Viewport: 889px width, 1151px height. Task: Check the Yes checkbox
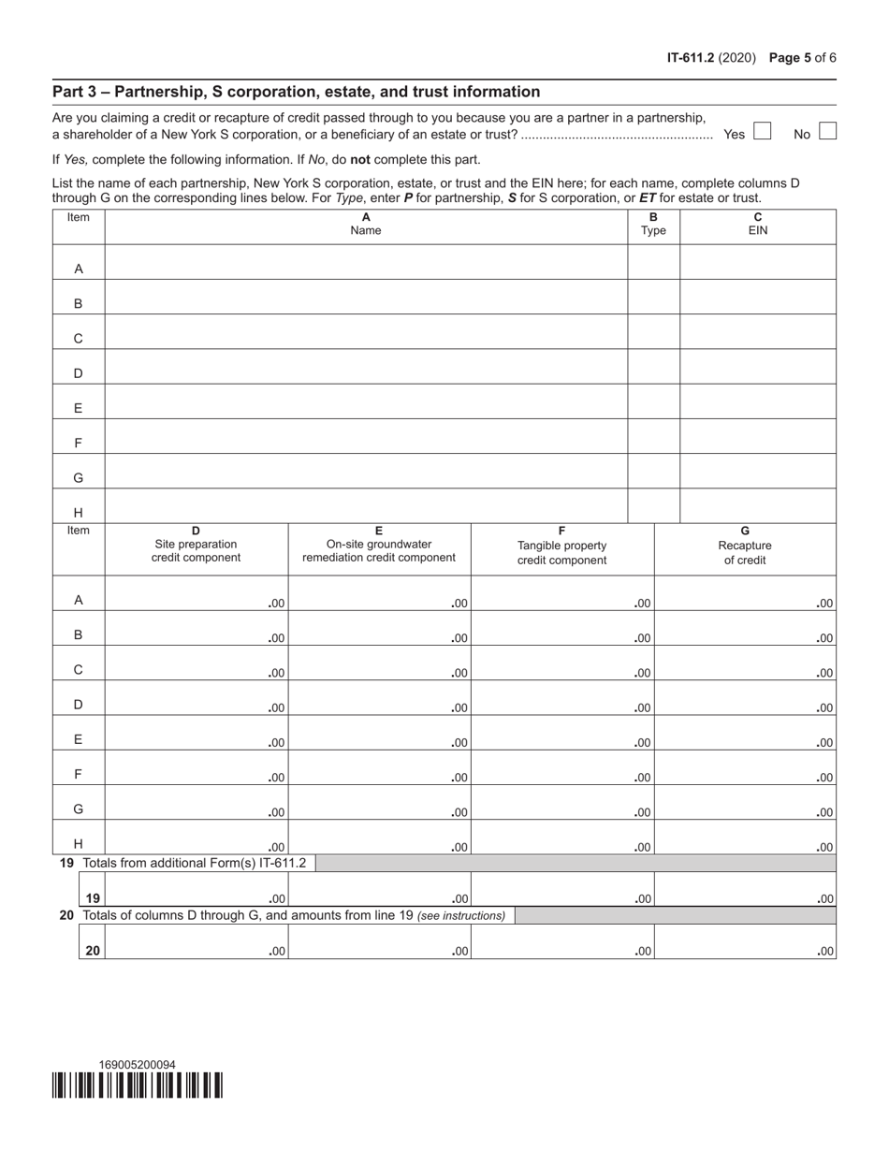(x=762, y=132)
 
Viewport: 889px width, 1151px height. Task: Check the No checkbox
(x=827, y=132)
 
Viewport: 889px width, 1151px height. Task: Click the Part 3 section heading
(x=296, y=92)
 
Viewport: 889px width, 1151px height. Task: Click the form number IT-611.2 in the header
(x=691, y=57)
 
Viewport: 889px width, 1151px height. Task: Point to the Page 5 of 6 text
(x=802, y=57)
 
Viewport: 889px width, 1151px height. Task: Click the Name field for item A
(x=365, y=263)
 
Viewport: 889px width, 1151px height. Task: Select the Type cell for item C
(x=652, y=332)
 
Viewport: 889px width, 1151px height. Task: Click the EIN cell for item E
(x=757, y=401)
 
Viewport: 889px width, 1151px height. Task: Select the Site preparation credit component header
(x=196, y=545)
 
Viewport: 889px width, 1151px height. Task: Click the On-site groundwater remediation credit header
(x=379, y=545)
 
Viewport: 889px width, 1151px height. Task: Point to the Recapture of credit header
(x=745, y=546)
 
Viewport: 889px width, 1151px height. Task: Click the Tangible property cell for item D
(x=561, y=699)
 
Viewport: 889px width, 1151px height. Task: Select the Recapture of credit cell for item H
(x=745, y=839)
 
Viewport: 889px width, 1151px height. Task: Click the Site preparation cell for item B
(x=196, y=630)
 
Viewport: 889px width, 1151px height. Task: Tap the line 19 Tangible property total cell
(x=561, y=890)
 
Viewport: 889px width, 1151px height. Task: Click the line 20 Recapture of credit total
(x=745, y=942)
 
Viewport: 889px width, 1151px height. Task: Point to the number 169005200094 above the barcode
(x=137, y=1065)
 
